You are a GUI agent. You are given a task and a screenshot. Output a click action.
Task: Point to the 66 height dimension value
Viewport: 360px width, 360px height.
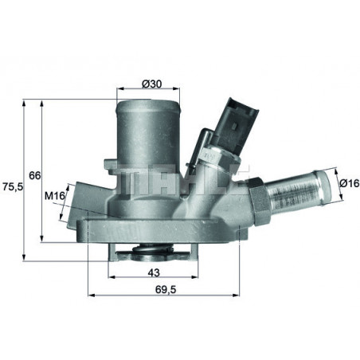click(34, 174)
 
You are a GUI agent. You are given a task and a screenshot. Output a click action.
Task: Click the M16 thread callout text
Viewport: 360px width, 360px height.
click(54, 195)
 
